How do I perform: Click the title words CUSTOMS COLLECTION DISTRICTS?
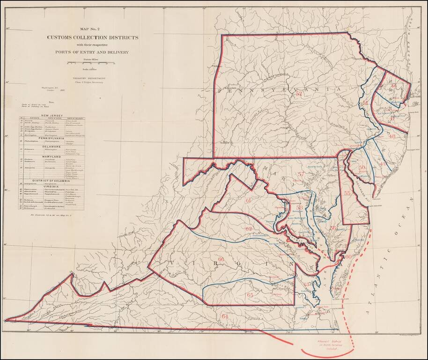(x=92, y=37)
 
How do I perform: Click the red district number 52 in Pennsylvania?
(x=299, y=93)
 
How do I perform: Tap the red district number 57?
(x=301, y=174)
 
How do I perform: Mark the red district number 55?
(x=347, y=193)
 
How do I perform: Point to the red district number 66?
(x=221, y=259)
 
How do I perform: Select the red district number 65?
(x=250, y=295)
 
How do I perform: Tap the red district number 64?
(x=225, y=316)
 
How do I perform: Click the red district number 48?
(x=392, y=136)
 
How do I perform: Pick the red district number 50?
(x=362, y=167)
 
